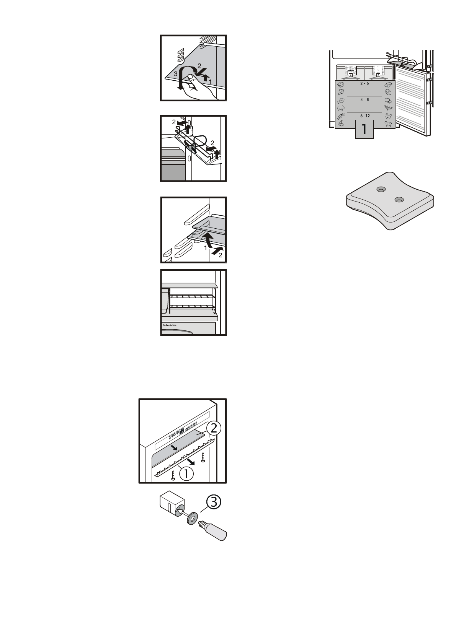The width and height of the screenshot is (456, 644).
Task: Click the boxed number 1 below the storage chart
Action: (364, 130)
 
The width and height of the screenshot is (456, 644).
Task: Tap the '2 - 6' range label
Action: (364, 83)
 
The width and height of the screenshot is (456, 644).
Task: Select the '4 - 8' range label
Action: (364, 99)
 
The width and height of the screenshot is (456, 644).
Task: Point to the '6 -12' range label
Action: (364, 115)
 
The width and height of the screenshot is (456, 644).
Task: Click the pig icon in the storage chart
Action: (341, 108)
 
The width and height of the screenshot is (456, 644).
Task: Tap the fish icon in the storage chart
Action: (341, 101)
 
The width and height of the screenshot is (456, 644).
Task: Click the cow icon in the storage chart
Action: (388, 124)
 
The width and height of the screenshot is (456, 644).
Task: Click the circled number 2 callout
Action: (213, 428)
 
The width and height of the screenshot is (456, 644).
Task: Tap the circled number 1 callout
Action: (186, 474)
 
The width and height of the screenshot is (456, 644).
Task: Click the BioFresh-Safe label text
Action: (170, 326)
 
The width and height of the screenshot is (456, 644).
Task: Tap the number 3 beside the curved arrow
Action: (175, 75)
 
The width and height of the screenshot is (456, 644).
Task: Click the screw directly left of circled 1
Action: (173, 474)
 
